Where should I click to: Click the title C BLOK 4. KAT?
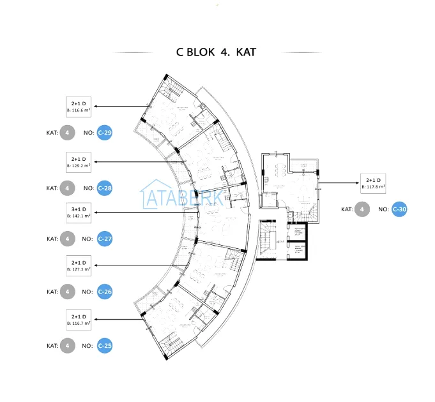(x=216, y=52)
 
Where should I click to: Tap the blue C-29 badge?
(x=105, y=133)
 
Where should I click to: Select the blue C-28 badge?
(x=105, y=188)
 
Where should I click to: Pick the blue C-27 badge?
(x=105, y=239)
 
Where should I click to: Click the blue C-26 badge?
(x=105, y=292)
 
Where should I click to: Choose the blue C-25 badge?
(x=105, y=346)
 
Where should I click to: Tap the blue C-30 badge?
(x=399, y=209)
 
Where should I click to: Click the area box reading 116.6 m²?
(x=79, y=107)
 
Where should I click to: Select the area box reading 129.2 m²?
(x=79, y=162)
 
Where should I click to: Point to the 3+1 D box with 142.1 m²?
(x=79, y=212)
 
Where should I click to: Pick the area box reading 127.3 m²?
(x=79, y=265)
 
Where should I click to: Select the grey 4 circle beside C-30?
(x=362, y=209)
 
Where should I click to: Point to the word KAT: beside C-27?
(x=52, y=239)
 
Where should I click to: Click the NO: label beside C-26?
(x=88, y=292)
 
